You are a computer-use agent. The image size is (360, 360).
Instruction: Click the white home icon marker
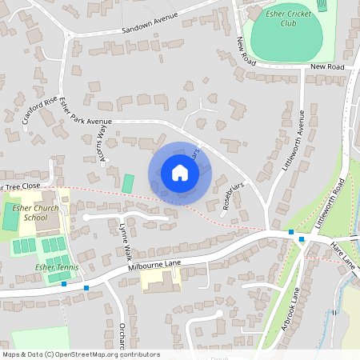[x=180, y=173]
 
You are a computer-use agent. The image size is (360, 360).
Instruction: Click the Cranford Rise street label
[x=40, y=111]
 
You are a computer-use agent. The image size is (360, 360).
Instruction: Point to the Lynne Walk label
[x=125, y=241]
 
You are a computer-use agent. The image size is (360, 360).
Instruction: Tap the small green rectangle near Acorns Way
[x=128, y=183]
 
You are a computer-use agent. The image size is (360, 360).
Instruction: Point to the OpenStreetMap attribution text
[x=80, y=354]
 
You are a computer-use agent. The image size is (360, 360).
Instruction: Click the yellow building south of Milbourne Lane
[x=160, y=280]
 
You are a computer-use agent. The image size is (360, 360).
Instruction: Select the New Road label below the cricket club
[x=326, y=67]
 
